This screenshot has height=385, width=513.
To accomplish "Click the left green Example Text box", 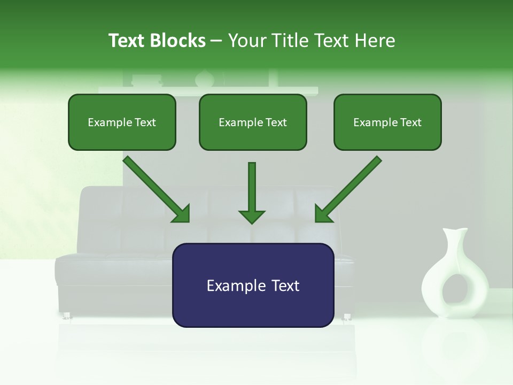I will tap(122, 122).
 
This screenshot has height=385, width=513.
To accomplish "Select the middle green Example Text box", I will tap(253, 122).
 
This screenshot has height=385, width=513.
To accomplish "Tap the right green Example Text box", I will tap(387, 122).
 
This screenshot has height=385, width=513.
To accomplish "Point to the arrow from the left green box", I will tap(157, 189).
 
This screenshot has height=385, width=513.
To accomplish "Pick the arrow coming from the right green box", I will tap(348, 189).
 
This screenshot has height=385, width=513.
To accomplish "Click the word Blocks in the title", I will tap(177, 41).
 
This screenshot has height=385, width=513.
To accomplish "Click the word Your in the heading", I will tap(246, 41).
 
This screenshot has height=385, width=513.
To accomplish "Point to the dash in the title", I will tap(216, 41).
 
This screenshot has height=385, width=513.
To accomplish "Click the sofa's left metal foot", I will tap(67, 316).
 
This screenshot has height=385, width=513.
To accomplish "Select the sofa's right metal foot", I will tap(346, 317).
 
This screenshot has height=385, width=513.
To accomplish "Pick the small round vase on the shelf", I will tap(204, 79).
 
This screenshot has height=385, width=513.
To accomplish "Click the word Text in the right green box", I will tap(410, 122).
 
